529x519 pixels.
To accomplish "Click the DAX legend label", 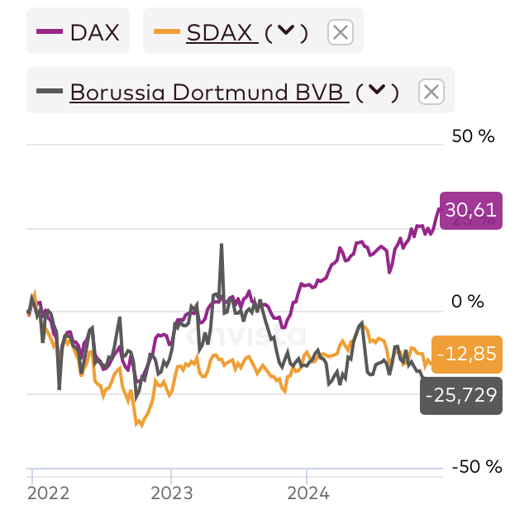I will pos(94,33).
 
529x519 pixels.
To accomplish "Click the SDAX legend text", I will pos(219,33).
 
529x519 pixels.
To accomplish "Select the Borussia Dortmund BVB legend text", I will pos(207,91).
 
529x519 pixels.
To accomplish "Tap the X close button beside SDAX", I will pos(341,33).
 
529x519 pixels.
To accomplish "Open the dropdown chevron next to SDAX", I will pos(286,32).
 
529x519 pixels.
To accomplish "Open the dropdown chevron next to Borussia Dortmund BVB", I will pos(377,90).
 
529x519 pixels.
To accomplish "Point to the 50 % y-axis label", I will pos(473,136).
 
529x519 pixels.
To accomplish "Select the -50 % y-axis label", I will pos(477,467).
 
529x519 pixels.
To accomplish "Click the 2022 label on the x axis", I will pos(48,493).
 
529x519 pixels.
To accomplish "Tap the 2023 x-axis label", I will pos(171,493).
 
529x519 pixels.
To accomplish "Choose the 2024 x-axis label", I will pos(307,493).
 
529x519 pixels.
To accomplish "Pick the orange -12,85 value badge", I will pos(470,354).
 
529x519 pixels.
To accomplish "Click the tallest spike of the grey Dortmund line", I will pos(222,245).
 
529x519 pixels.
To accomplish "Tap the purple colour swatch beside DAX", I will pos(50,33).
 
